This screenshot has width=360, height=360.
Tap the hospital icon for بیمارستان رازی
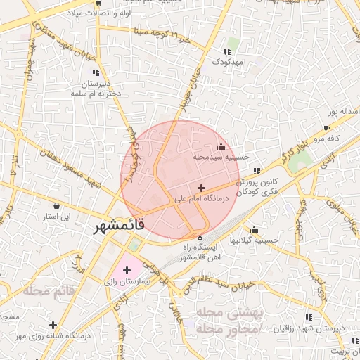coord(127,270)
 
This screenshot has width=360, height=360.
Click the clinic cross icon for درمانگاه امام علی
coord(202,188)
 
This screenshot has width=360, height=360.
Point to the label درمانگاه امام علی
coord(202,200)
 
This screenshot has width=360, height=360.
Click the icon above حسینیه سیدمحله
coord(221,146)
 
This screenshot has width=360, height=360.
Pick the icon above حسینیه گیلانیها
coord(254,229)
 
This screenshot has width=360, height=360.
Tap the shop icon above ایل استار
coord(58,205)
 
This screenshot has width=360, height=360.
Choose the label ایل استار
coord(58,217)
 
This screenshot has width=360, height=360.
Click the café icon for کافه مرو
coord(326,128)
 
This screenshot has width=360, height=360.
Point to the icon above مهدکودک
coord(226,51)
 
